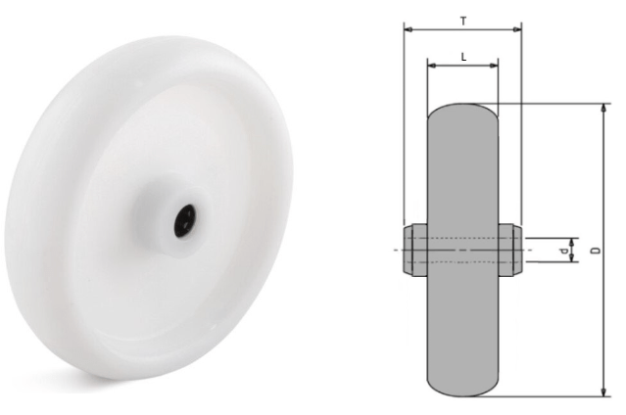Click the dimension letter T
pyautogui.click(x=462, y=19)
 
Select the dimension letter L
pyautogui.click(x=462, y=57)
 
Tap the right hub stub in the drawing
pyautogui.click(x=509, y=250)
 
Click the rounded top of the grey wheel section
pyautogui.click(x=462, y=110)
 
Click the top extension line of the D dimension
pyautogui.click(x=549, y=103)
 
